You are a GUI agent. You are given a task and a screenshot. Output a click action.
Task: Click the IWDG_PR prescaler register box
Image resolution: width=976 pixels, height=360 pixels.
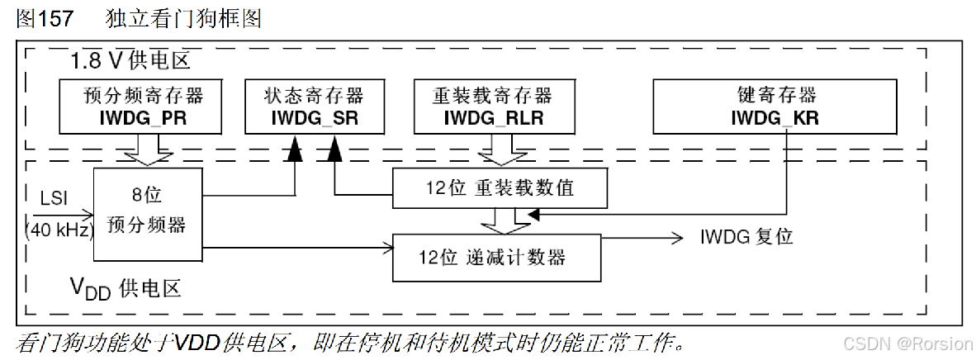tap(143, 106)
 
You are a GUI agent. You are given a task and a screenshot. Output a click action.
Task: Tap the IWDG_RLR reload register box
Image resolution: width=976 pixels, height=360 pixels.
tap(493, 106)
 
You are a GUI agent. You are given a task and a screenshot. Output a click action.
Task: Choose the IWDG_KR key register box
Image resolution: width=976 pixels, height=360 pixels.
tap(775, 106)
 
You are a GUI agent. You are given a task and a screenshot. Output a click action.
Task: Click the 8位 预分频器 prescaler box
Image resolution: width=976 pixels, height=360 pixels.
tap(148, 213)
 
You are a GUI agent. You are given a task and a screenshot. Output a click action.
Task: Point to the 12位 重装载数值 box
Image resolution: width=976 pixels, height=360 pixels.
tap(500, 188)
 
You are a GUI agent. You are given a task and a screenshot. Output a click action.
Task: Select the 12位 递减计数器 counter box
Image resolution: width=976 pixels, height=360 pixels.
tap(496, 257)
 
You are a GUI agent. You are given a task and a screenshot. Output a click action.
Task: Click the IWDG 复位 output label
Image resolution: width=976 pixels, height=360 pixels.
tap(746, 237)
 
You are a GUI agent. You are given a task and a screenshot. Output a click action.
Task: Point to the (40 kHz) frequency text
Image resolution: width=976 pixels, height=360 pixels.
tap(59, 230)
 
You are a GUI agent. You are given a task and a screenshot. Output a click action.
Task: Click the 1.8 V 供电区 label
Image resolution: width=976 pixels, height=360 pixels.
tap(130, 61)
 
